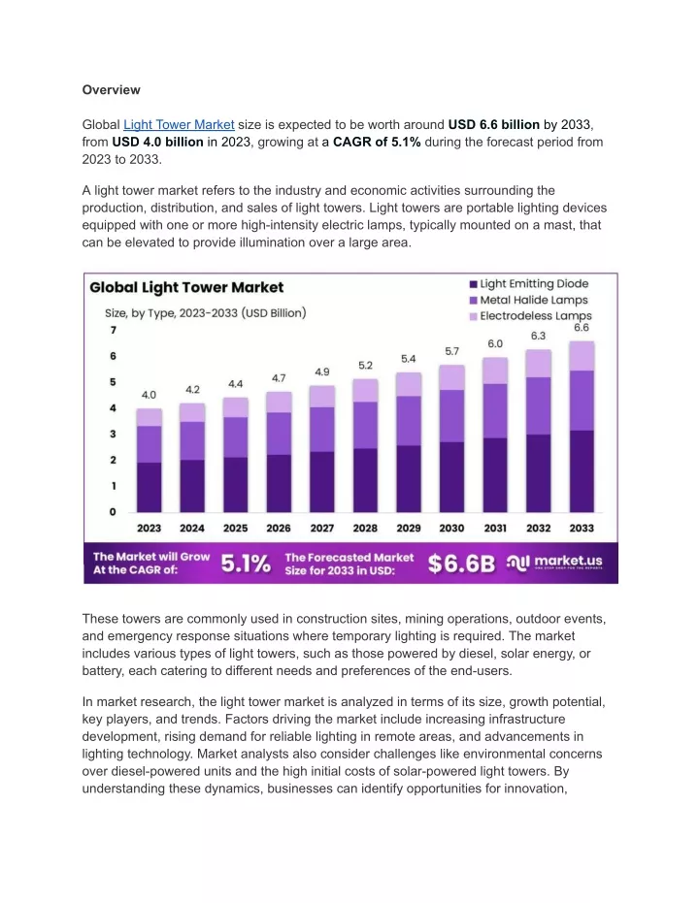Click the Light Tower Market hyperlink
point(179,125)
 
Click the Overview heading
point(112,90)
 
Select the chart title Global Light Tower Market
point(186,287)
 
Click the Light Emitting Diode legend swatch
point(474,284)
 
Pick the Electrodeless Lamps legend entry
point(531,316)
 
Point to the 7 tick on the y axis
point(113,330)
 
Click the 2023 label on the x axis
point(149,528)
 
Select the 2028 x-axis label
point(365,528)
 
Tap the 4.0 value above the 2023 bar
point(149,395)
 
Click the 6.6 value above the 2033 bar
point(582,328)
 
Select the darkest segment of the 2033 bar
point(582,471)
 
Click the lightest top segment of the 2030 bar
point(451,377)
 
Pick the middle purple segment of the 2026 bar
point(279,434)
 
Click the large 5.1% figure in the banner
point(246,564)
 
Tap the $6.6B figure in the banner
point(461,564)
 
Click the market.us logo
point(554,563)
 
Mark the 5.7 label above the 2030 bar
point(451,351)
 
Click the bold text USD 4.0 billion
point(158,143)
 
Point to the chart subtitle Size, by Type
point(205,313)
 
